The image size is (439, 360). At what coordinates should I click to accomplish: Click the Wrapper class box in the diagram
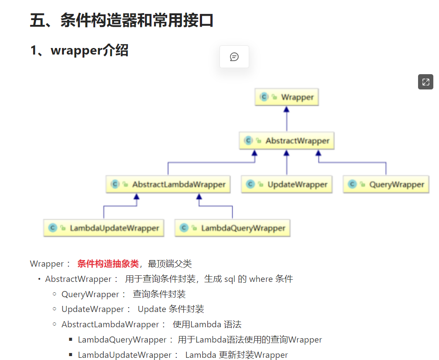(x=287, y=97)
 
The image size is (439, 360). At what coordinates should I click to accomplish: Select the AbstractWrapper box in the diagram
(x=287, y=141)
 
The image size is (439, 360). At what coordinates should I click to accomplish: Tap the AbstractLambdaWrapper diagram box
(x=168, y=184)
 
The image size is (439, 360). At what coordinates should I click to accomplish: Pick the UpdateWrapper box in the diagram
(x=287, y=184)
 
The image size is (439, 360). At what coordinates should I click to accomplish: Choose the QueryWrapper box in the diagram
(x=386, y=184)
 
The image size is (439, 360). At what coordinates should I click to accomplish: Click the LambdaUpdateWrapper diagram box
(x=104, y=228)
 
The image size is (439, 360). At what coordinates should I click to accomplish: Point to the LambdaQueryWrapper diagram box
(x=233, y=228)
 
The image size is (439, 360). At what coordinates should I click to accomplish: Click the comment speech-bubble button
(x=234, y=57)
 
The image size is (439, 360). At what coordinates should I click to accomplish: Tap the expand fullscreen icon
(x=425, y=82)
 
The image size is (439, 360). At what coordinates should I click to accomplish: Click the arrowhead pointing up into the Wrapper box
(x=287, y=110)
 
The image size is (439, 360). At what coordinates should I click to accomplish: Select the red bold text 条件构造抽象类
(x=108, y=264)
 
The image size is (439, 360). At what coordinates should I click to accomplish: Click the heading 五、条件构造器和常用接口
(x=121, y=21)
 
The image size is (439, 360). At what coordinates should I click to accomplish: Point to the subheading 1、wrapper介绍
(x=79, y=51)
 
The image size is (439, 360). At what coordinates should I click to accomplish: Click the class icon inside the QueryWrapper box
(x=352, y=184)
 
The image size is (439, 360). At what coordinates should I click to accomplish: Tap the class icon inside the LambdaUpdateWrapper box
(x=53, y=228)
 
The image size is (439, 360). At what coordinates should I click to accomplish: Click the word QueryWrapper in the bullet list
(x=90, y=295)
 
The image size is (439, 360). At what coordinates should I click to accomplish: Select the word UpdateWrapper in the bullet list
(x=93, y=309)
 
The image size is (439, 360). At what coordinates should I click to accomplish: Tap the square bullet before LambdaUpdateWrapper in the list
(x=70, y=355)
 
